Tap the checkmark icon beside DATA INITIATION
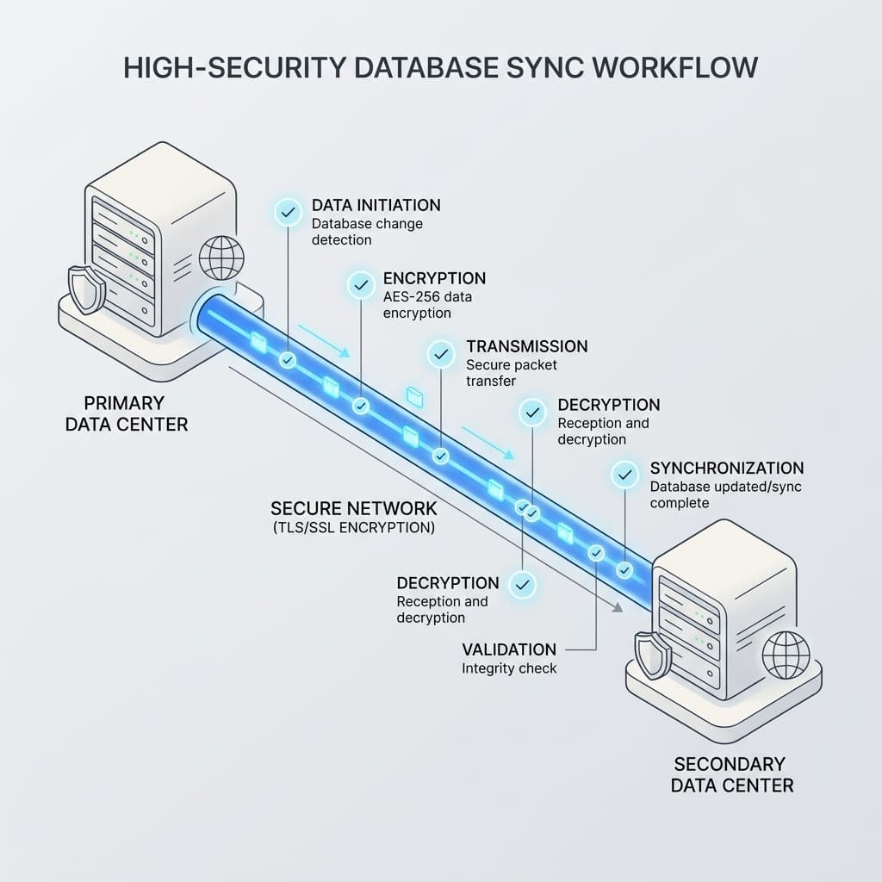click(x=288, y=213)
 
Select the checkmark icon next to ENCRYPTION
click(x=361, y=285)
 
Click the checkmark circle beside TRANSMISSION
click(x=441, y=354)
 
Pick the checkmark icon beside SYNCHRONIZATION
click(x=625, y=475)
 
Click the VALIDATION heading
click(x=509, y=649)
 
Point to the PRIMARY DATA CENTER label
click(x=127, y=413)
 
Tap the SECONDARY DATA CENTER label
click(x=732, y=774)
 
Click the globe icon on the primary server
click(x=221, y=258)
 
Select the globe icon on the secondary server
click(x=786, y=655)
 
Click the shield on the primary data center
click(x=87, y=289)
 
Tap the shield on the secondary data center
click(x=653, y=655)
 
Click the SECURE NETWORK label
click(x=354, y=508)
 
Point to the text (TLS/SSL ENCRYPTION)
click(x=354, y=528)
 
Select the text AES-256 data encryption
click(x=427, y=305)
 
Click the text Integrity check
click(x=509, y=668)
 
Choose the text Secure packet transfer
click(x=512, y=373)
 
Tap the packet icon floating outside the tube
click(x=415, y=397)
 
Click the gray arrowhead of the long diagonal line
click(x=618, y=607)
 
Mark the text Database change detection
click(x=367, y=232)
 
